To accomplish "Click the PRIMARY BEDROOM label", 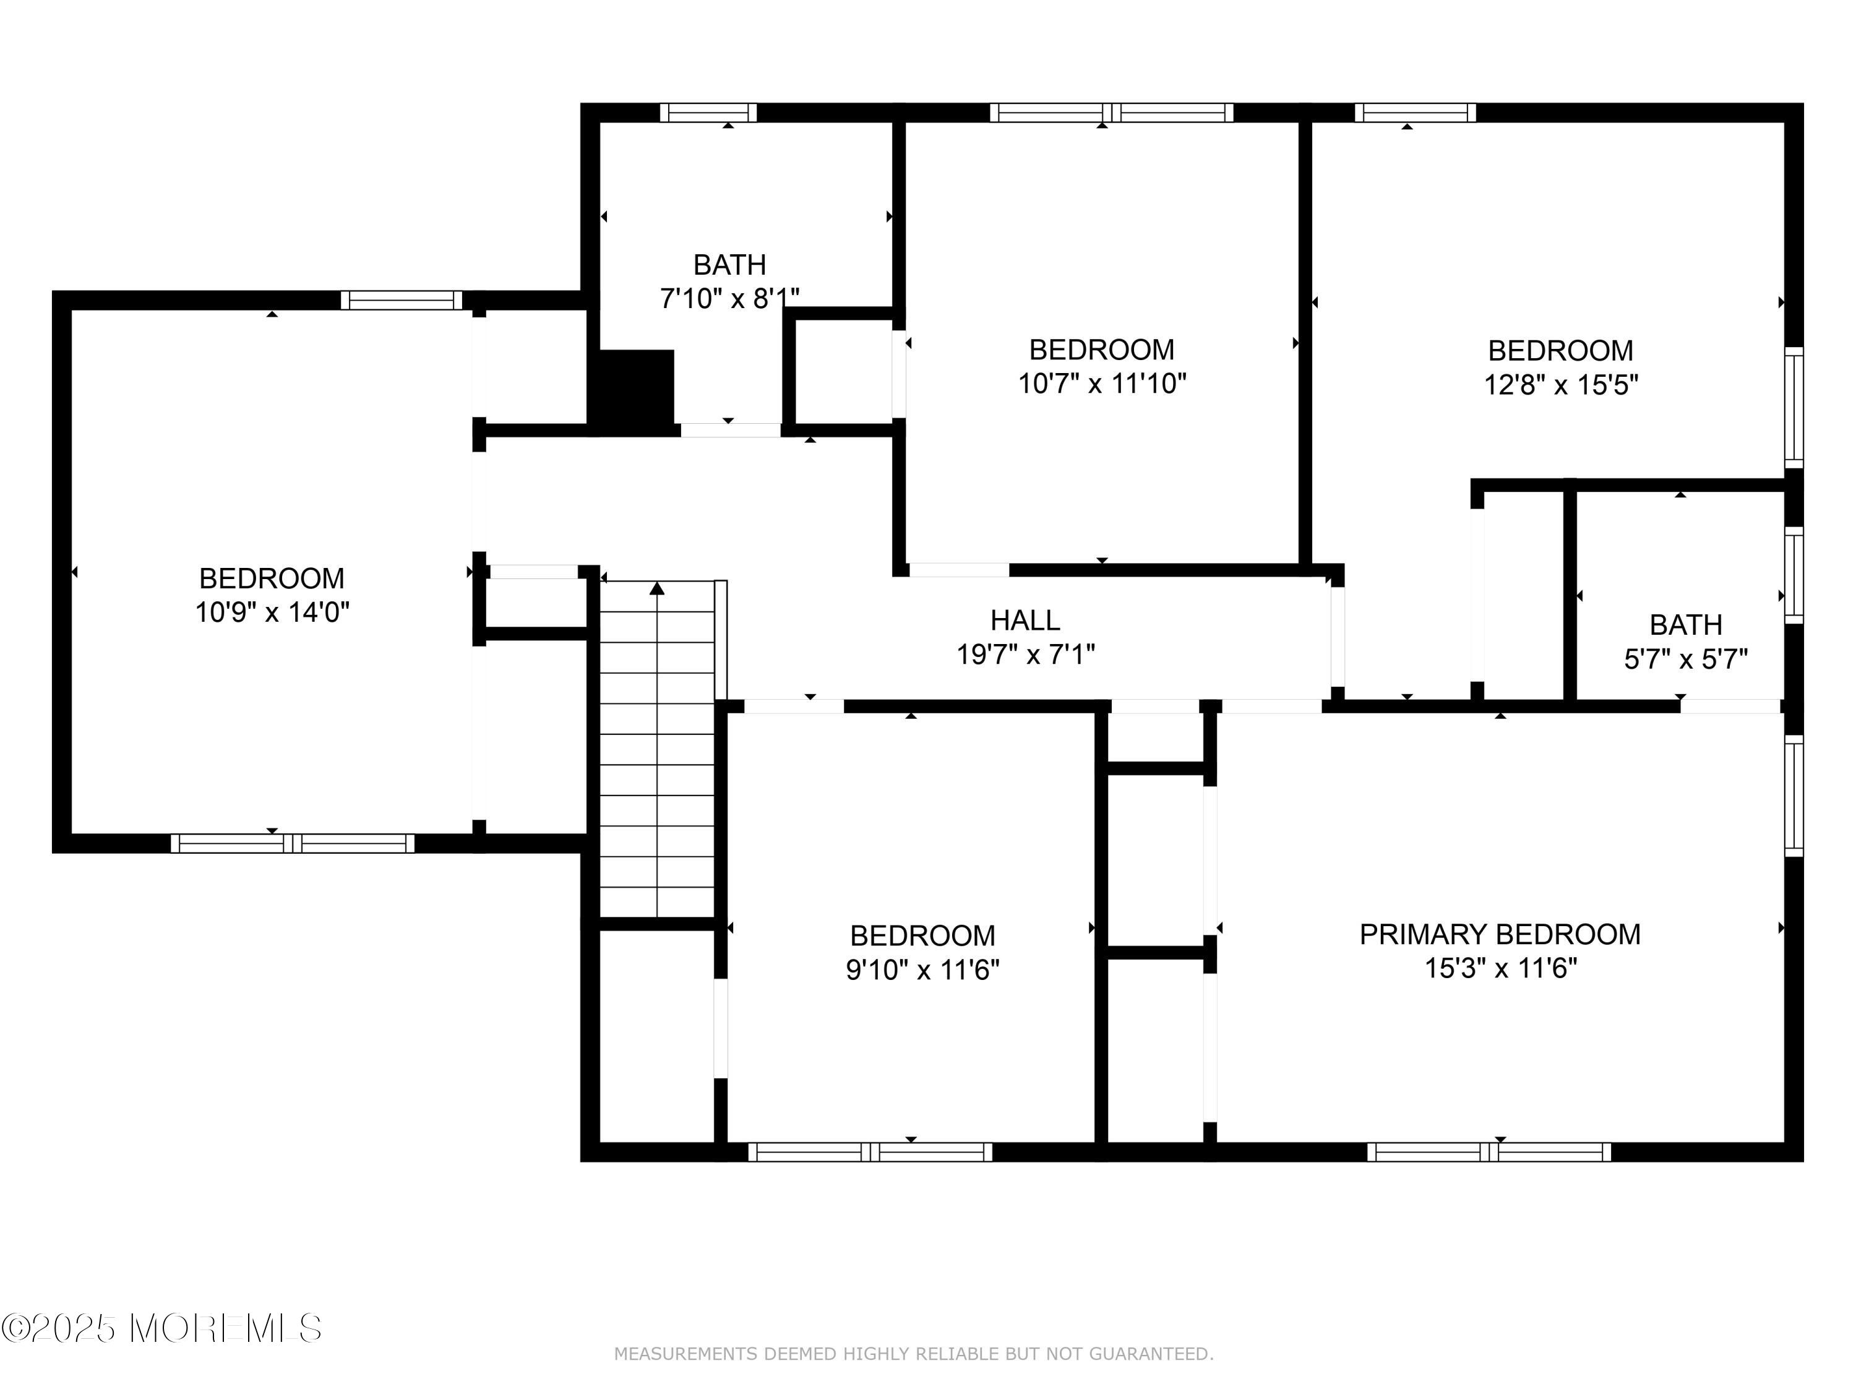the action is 1500,934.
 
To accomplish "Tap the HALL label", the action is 1025,620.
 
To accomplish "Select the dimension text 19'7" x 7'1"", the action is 1025,655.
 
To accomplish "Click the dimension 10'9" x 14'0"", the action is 272,612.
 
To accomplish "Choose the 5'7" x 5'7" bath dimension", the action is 1686,659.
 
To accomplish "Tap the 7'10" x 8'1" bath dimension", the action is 729,299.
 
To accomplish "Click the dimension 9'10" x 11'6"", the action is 922,970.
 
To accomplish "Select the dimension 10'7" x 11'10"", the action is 1102,384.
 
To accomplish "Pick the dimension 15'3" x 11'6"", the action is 1500,968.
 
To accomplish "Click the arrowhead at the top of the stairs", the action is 657,589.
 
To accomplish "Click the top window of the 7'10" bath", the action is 708,113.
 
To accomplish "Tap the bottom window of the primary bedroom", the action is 1489,1152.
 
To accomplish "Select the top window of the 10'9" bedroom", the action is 401,301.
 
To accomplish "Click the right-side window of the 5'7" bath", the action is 1794,575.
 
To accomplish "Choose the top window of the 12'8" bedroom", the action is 1416,113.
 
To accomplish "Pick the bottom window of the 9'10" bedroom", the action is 870,1152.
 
